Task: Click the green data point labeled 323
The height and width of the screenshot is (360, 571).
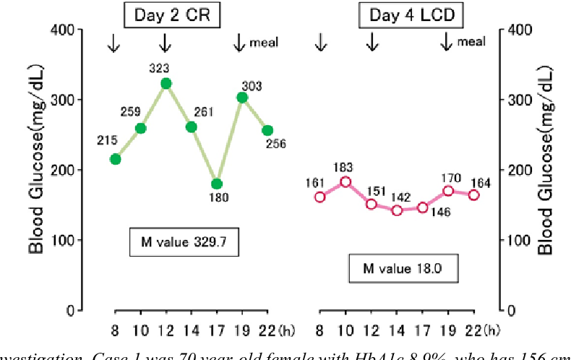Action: click(x=166, y=83)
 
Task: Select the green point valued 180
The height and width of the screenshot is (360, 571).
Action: click(x=217, y=184)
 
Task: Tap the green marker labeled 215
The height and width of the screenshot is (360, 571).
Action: click(x=115, y=159)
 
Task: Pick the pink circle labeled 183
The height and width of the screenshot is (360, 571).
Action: click(x=345, y=181)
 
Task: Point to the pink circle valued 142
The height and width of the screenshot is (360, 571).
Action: click(x=397, y=210)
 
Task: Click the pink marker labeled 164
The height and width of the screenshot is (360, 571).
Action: click(x=474, y=194)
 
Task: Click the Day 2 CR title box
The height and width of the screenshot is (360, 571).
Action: click(x=172, y=16)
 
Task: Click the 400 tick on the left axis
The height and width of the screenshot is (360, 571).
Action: click(x=64, y=30)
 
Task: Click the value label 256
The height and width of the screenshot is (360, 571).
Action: click(x=275, y=144)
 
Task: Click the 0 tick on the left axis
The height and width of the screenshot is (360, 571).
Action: click(x=70, y=310)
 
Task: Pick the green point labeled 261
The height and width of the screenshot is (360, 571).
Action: click(x=192, y=127)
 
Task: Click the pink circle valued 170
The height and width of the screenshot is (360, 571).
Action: click(x=448, y=191)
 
